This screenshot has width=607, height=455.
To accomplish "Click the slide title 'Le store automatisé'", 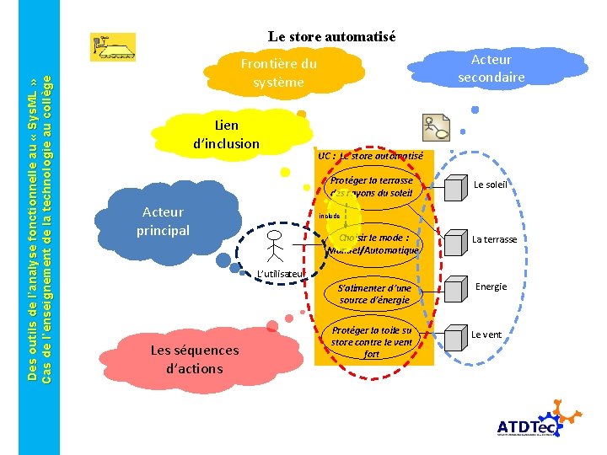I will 331,36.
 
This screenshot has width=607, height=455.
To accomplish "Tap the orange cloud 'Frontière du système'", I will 278,72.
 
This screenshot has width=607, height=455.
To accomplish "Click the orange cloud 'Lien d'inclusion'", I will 226,135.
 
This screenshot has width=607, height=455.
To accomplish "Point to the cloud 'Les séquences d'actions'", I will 193,359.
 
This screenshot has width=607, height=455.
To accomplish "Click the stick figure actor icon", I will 275,245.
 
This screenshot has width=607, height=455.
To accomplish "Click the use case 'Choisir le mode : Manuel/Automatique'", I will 373,244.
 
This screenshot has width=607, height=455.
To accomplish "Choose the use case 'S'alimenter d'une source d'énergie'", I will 374,293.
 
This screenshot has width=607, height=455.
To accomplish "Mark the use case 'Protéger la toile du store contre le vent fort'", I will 372,341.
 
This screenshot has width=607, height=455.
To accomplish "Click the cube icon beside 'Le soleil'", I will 456,185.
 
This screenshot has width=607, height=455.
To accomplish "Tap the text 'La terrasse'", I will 494,239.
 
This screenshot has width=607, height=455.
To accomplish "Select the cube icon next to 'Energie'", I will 456,287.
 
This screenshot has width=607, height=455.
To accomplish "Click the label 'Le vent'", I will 486,335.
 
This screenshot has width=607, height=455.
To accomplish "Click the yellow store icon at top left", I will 113,47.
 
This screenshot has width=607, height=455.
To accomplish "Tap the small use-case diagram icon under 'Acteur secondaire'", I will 437,127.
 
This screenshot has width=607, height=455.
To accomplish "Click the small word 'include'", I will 330,216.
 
